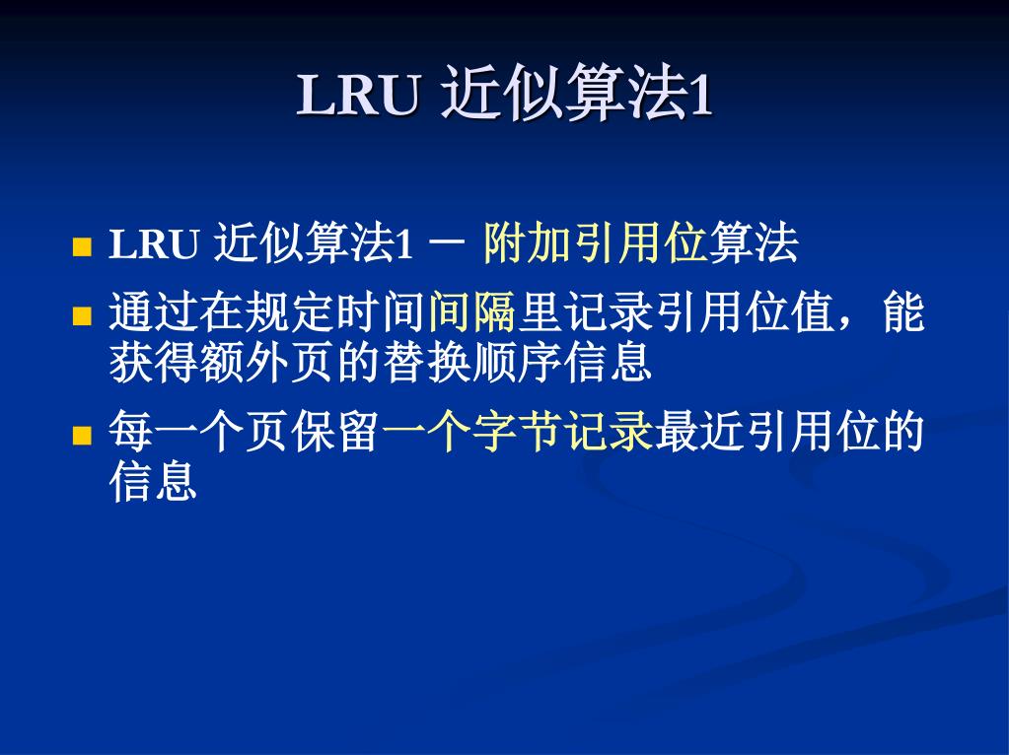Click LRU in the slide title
click(x=358, y=96)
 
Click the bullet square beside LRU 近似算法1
click(x=82, y=247)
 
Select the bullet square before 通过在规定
click(x=82, y=315)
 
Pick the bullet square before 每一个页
click(x=82, y=436)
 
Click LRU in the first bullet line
click(x=154, y=244)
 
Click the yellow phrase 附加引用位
click(x=595, y=243)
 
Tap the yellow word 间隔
click(x=472, y=311)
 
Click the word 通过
click(x=154, y=311)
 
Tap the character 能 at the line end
click(x=902, y=311)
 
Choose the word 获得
click(x=154, y=362)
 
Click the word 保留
click(x=335, y=432)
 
